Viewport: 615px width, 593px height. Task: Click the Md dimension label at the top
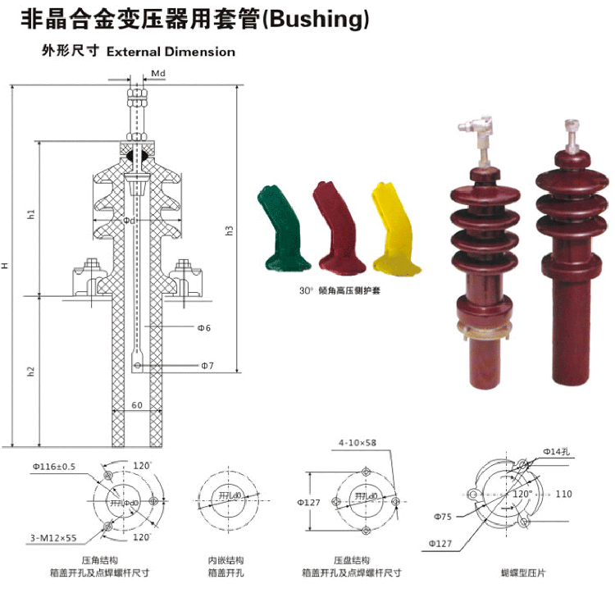coord(159,74)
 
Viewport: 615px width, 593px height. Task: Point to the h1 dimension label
coord(31,215)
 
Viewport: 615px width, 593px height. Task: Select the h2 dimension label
coord(31,371)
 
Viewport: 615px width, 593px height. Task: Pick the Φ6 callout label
coord(204,328)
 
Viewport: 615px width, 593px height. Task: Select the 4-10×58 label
coord(358,444)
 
